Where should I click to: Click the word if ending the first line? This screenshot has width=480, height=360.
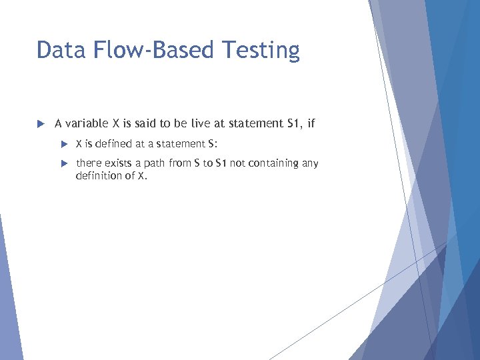click(x=311, y=123)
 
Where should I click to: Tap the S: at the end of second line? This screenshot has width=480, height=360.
click(x=213, y=143)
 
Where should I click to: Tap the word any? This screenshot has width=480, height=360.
click(x=310, y=164)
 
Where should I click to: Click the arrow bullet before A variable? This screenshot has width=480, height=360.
click(x=40, y=123)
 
